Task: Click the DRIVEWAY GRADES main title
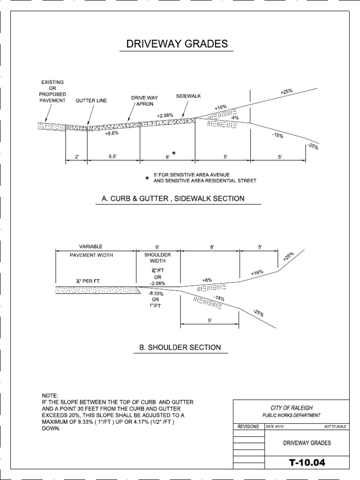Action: pyautogui.click(x=177, y=44)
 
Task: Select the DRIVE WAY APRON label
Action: pyautogui.click(x=144, y=101)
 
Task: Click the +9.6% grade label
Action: pyautogui.click(x=112, y=133)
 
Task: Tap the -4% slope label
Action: pyautogui.click(x=234, y=118)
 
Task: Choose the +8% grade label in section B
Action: pyautogui.click(x=207, y=280)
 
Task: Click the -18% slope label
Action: pyautogui.click(x=219, y=299)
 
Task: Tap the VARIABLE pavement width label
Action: pyautogui.click(x=90, y=246)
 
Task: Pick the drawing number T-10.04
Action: pyautogui.click(x=307, y=463)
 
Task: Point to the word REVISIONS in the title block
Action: pyautogui.click(x=248, y=427)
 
